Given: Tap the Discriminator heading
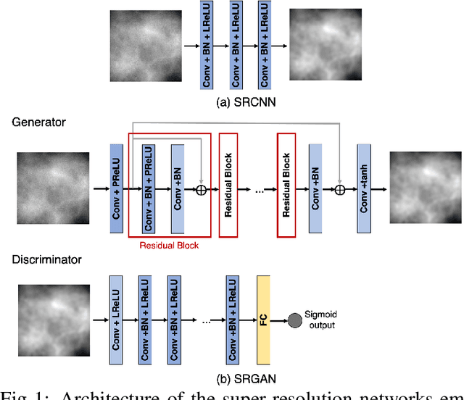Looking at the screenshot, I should tap(46, 259).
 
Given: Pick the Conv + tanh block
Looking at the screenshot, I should tap(364, 188).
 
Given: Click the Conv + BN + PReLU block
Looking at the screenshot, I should tap(147, 188).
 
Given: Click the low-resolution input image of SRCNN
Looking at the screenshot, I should tap(144, 46).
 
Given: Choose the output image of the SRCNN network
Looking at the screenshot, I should tap(326, 46).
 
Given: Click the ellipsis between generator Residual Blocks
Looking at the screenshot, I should tap(257, 191).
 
